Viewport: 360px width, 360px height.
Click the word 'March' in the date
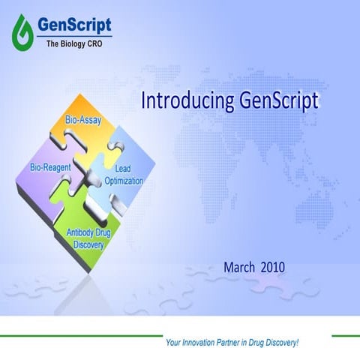pos(239,266)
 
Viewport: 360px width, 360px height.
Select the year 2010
pos(274,266)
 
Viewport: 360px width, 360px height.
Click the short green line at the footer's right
pos(345,337)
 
